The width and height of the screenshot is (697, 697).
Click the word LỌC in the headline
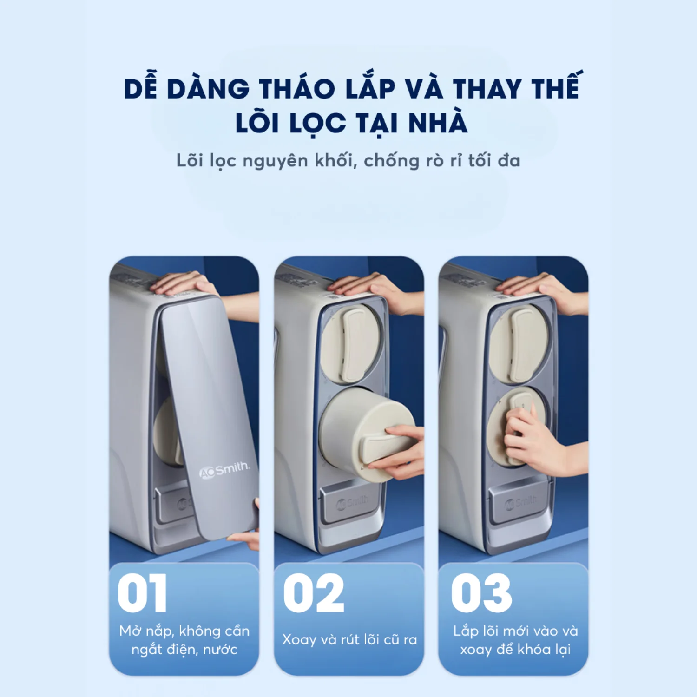point(317,124)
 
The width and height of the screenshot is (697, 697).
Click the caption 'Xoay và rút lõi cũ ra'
point(349,639)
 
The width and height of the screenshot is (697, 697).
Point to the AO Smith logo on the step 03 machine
point(521,502)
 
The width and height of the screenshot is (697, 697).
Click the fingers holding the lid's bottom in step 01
point(246,537)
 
